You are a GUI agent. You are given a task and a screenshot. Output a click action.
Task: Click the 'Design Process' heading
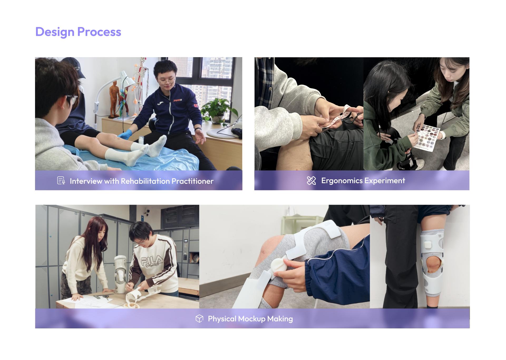(x=78, y=32)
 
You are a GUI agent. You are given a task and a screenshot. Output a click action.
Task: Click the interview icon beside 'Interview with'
(x=61, y=181)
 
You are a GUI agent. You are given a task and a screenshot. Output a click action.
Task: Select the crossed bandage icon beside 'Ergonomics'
(x=311, y=181)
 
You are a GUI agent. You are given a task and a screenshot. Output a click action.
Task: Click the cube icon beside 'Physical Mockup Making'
(x=200, y=319)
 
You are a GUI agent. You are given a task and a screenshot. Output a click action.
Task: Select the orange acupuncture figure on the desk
(x=114, y=99)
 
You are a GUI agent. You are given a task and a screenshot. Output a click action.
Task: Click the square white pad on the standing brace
(x=428, y=243)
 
